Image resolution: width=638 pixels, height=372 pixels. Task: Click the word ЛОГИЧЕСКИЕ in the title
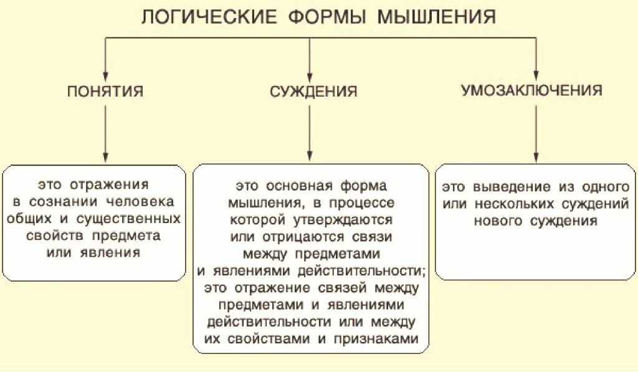tap(208, 17)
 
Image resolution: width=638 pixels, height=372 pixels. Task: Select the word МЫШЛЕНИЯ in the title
tap(437, 17)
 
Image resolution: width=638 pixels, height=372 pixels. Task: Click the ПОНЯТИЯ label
tap(105, 92)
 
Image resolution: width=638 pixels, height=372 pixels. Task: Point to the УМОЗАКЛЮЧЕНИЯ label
tap(531, 90)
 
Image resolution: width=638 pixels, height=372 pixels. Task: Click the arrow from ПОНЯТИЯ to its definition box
tap(105, 134)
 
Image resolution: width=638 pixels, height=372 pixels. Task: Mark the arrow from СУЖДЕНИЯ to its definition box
tap(310, 134)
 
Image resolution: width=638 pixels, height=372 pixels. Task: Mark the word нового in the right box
tap(498, 221)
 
